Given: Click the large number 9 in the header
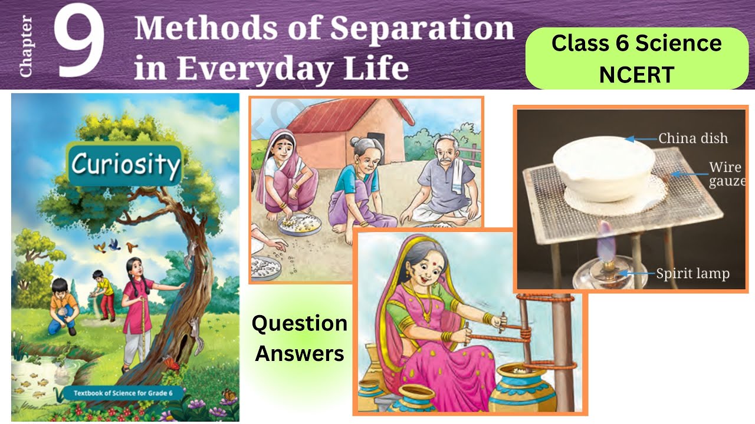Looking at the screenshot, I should pos(81,44).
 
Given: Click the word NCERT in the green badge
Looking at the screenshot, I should pos(636,74).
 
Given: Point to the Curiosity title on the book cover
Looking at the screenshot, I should pos(124,164).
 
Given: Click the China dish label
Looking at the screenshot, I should pos(692,139).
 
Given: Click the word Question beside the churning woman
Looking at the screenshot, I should pos(300,323).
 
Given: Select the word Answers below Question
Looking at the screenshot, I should pos(300,353).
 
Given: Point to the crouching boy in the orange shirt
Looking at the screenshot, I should pos(63,306).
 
